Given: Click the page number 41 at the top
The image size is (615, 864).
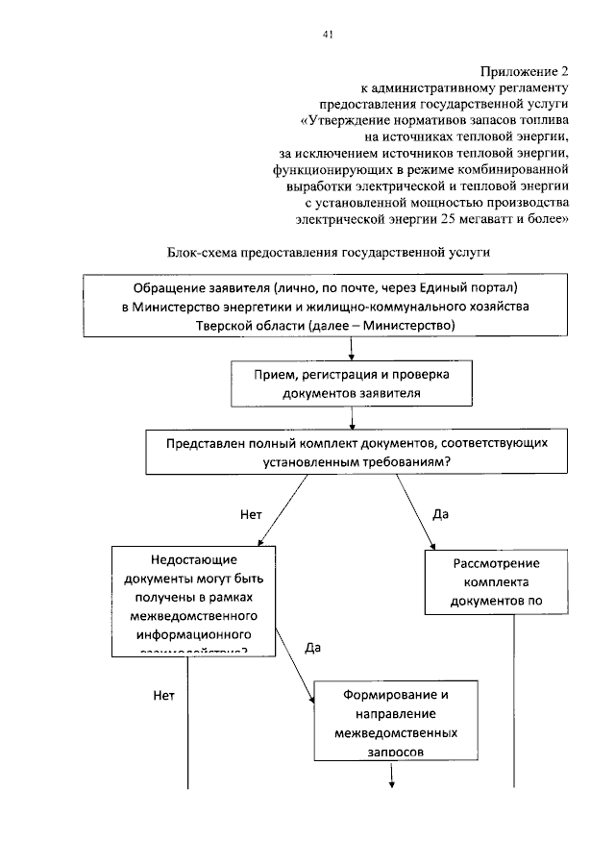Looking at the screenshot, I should tap(328, 35).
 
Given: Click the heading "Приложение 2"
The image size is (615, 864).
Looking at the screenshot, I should tap(525, 71).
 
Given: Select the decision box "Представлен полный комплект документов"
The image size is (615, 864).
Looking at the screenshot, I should tap(349, 451).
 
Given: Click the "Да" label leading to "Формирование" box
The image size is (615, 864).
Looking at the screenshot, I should tap(312, 648).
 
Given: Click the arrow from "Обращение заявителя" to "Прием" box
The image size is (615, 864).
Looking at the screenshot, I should tap(352, 348).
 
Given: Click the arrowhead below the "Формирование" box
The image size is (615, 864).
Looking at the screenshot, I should tap(393, 784).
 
